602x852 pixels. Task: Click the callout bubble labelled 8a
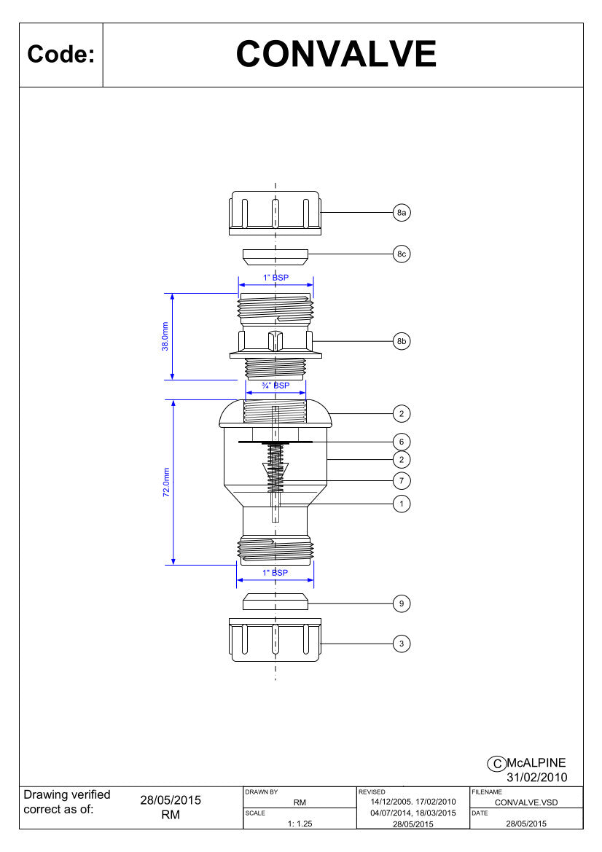(402, 213)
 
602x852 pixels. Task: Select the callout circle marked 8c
(402, 254)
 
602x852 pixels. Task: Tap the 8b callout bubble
(402, 341)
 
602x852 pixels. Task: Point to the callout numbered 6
(402, 442)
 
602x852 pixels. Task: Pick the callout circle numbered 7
(402, 480)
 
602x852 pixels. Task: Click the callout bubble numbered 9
(402, 603)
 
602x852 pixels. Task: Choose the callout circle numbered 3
(402, 644)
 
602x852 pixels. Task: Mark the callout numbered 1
(402, 504)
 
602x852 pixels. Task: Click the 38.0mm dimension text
(165, 337)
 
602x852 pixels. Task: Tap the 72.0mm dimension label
(166, 482)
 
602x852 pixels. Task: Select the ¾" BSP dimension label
(276, 386)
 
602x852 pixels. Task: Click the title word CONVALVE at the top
(336, 54)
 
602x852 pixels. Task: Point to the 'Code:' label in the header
(60, 55)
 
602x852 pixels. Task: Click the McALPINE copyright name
(536, 763)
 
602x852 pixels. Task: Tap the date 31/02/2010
(537, 778)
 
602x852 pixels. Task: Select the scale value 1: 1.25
(300, 824)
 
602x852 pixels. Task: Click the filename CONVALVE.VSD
(526, 802)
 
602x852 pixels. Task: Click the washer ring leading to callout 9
(275, 602)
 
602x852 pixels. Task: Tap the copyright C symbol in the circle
(496, 763)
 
